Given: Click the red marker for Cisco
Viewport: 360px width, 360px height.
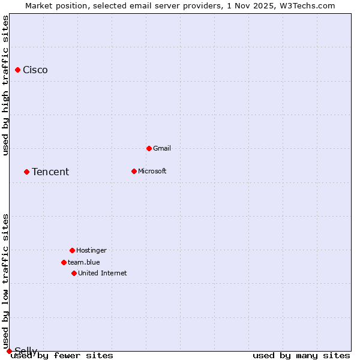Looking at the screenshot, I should click(17, 70).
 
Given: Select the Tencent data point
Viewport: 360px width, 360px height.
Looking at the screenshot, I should click(26, 172).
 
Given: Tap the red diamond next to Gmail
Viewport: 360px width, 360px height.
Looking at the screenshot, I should click(149, 148).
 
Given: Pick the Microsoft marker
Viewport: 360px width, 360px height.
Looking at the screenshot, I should click(134, 172).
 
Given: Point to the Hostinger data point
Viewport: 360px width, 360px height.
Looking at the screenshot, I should click(72, 250).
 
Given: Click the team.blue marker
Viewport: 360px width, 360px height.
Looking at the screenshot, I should click(64, 262).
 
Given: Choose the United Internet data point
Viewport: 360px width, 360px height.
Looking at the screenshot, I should click(74, 274).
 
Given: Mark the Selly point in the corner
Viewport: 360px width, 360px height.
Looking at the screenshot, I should click(9, 351).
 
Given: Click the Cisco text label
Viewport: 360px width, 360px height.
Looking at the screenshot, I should click(35, 70).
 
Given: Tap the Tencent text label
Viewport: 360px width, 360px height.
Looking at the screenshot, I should click(50, 172).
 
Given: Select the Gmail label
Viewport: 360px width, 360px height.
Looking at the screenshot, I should click(162, 148).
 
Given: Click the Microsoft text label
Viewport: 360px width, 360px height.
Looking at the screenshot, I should click(152, 172).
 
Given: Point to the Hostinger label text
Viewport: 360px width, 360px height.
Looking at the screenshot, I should click(91, 250).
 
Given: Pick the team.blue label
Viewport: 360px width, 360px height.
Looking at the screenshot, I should click(84, 262).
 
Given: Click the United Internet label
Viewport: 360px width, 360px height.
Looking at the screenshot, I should click(103, 274).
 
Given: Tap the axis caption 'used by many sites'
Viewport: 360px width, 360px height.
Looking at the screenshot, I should click(301, 356).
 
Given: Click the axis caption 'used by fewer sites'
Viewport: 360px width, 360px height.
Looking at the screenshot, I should click(62, 356).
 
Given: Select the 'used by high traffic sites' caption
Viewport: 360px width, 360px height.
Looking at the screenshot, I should click(6, 85).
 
